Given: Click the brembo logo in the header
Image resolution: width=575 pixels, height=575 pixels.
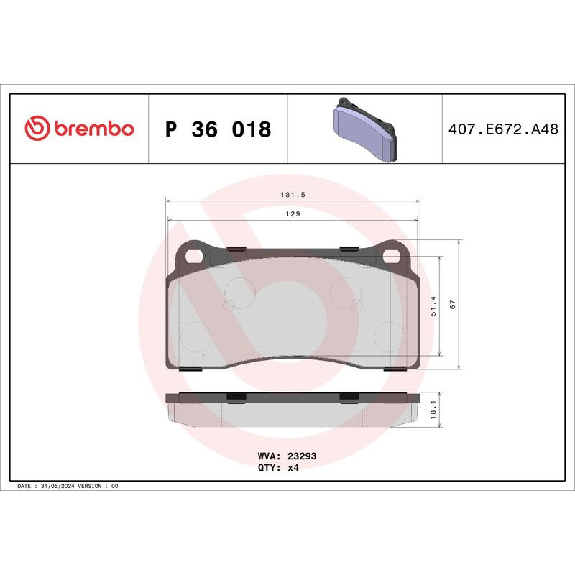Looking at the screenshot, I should pyautogui.click(x=79, y=129).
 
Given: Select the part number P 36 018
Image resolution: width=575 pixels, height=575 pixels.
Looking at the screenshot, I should pyautogui.click(x=218, y=129).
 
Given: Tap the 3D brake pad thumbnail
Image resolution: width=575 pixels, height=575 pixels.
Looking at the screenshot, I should pyautogui.click(x=364, y=129).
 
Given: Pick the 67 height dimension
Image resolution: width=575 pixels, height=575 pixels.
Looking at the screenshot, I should pyautogui.click(x=453, y=305).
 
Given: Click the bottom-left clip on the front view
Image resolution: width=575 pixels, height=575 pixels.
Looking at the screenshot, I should pyautogui.click(x=189, y=369).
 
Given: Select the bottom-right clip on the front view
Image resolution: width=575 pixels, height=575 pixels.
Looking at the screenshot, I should pyautogui.click(x=395, y=369).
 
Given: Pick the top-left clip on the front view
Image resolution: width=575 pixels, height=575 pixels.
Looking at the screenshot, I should pyautogui.click(x=236, y=249).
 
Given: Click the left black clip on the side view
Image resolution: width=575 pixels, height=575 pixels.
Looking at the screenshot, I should pyautogui.click(x=236, y=397).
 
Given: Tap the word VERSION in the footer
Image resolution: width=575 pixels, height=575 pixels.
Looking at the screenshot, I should pyautogui.click(x=91, y=487).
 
